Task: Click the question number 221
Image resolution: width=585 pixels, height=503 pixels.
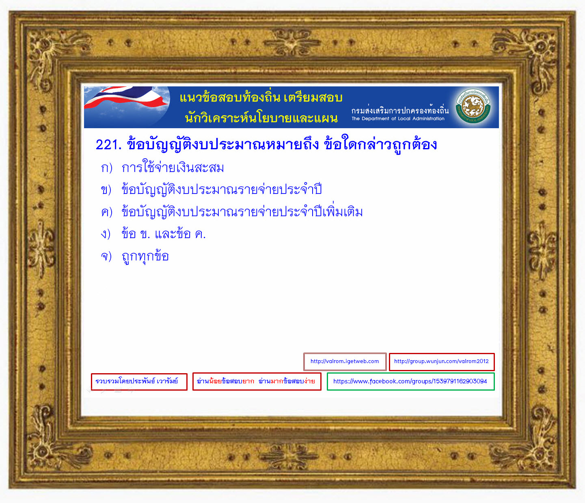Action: coord(108,145)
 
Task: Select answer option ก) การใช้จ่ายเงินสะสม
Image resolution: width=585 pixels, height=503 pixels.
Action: coord(162,167)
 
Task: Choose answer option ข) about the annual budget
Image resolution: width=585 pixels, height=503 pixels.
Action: coord(212,189)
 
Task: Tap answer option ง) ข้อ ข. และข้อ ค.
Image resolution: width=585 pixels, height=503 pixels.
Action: coord(153,234)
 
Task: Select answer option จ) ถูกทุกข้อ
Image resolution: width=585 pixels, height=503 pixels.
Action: coord(135,256)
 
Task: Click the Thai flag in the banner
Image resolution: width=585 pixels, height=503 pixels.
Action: coord(127,97)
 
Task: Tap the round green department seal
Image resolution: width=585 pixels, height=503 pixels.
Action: coord(473,106)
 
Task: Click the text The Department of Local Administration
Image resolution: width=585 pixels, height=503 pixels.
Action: coord(398,118)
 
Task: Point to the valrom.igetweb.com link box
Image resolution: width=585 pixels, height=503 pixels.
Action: coord(345,361)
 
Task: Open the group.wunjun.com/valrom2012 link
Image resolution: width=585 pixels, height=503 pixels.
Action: coord(442,361)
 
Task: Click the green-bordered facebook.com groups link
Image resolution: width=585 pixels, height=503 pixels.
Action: coord(410,381)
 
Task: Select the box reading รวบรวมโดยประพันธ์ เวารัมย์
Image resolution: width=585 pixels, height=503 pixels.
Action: coord(139,382)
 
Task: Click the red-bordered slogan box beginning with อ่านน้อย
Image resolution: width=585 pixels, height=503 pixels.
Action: coord(257,381)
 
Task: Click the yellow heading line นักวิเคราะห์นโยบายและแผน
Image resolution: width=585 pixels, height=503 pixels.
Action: coord(261,118)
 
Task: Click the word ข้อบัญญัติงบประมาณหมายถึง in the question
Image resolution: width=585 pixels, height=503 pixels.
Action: coord(222,144)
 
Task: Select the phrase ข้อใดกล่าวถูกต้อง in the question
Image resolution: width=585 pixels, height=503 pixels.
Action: coord(380,144)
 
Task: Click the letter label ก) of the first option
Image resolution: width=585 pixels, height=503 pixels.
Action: coord(107,168)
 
